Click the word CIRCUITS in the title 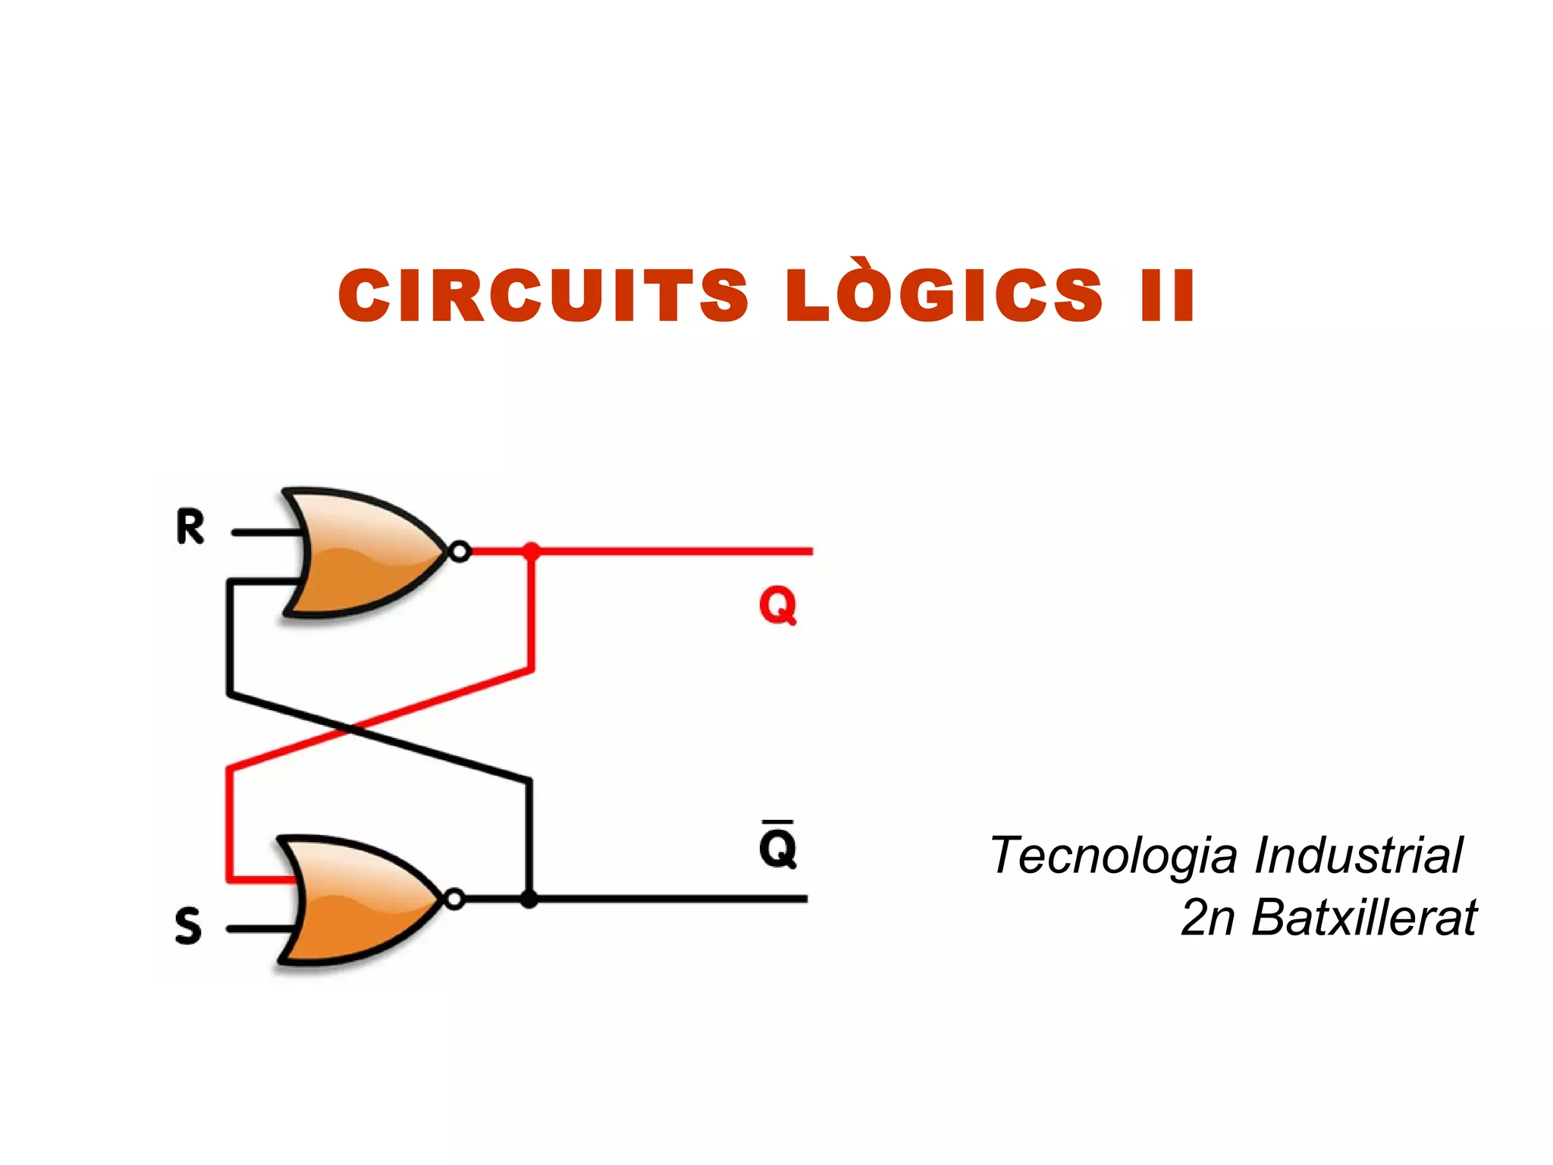coord(543,296)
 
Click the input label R coord(190,526)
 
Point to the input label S coord(188,926)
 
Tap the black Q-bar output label coord(778,844)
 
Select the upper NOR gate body coord(364,551)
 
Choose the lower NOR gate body coord(359,900)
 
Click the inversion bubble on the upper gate coord(460,551)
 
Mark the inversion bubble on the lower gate coord(453,900)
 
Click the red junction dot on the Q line coord(532,551)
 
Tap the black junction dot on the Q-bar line coord(529,900)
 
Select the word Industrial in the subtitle coord(1358,855)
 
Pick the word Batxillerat coord(1364,917)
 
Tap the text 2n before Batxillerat coord(1208,918)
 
